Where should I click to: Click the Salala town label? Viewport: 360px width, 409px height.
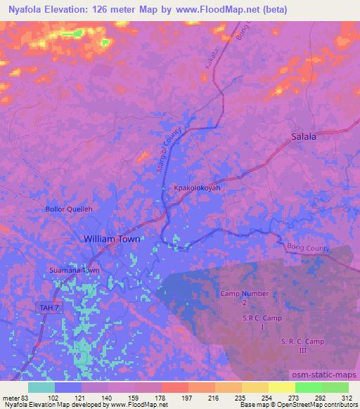[x=304, y=137]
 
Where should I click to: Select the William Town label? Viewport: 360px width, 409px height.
[x=112, y=239]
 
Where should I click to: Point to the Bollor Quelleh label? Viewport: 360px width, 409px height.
[x=70, y=209]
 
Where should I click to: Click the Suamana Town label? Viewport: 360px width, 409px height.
[x=74, y=271]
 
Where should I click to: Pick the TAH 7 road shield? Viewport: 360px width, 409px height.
[x=45, y=306]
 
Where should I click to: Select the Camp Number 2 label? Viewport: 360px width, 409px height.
[x=244, y=297]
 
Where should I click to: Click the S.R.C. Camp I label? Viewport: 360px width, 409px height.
[x=262, y=323]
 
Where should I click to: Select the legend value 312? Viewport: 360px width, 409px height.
[x=348, y=397]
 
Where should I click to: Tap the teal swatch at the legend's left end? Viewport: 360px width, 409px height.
[x=41, y=387]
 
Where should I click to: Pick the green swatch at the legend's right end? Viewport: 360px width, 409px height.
[x=335, y=387]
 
